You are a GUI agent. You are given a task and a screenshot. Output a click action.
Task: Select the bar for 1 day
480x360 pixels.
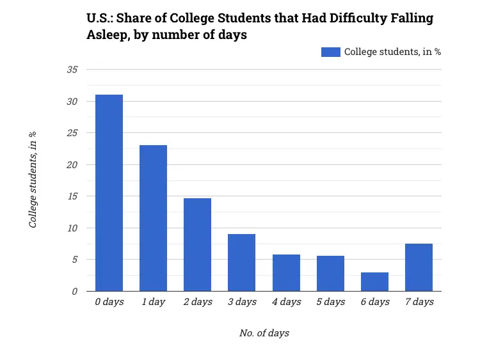pyautogui.click(x=153, y=218)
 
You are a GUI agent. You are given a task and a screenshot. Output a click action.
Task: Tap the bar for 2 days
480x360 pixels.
pyautogui.click(x=197, y=245)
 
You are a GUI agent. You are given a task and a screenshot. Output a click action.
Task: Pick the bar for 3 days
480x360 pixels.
pyautogui.click(x=241, y=263)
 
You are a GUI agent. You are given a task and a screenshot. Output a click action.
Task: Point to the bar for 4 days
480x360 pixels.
pyautogui.click(x=286, y=273)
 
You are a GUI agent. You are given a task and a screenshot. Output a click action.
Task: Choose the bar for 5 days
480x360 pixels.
pyautogui.click(x=330, y=274)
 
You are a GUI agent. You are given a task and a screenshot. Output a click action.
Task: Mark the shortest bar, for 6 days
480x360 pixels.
pyautogui.click(x=374, y=282)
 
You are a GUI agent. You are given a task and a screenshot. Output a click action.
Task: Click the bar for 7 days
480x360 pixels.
pyautogui.click(x=419, y=267)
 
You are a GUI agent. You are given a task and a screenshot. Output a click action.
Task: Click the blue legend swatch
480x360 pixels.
pyautogui.click(x=331, y=52)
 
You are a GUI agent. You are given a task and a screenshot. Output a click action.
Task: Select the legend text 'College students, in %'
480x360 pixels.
pyautogui.click(x=392, y=52)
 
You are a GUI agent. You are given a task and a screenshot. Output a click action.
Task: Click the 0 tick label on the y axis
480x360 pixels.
pyautogui.click(x=74, y=291)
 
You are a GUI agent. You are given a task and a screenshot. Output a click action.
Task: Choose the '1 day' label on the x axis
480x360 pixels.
pyautogui.click(x=153, y=302)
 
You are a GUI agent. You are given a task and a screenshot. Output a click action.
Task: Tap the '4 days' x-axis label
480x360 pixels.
pyautogui.click(x=286, y=302)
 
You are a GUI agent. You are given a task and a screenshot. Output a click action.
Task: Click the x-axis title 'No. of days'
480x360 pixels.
pyautogui.click(x=264, y=333)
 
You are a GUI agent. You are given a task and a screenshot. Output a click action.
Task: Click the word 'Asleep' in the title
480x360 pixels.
pyautogui.click(x=108, y=35)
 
